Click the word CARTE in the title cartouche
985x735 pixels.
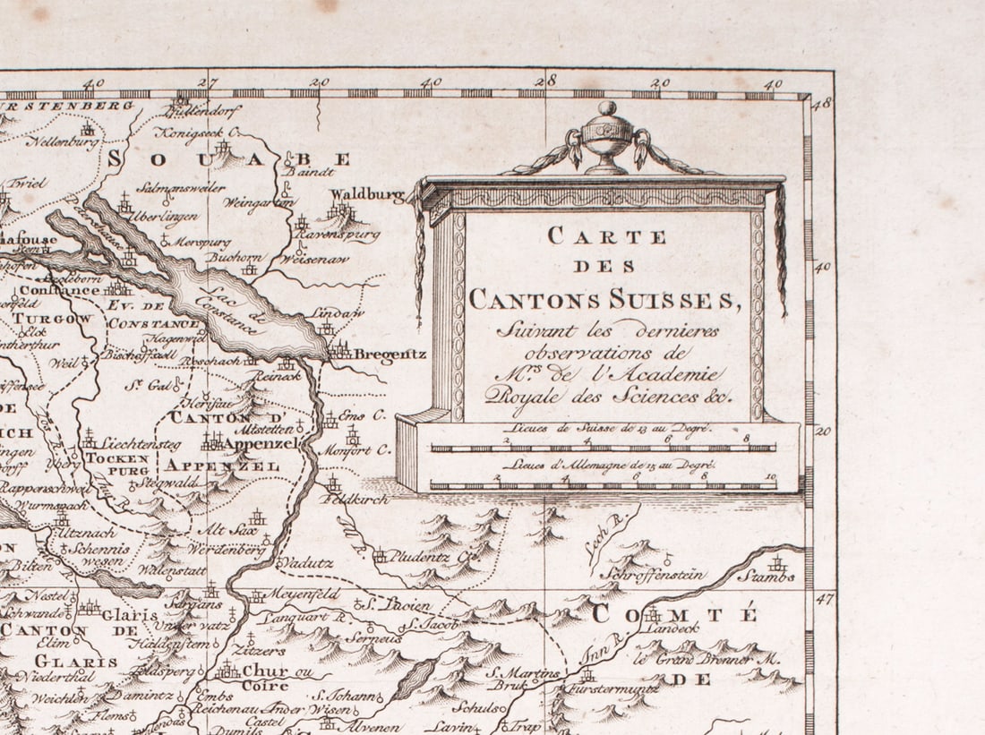(x=607, y=236)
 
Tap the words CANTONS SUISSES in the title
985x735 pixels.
(x=606, y=298)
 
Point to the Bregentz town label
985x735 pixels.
(x=390, y=354)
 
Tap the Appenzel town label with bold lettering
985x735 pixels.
(x=259, y=443)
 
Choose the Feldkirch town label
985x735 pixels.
(x=359, y=500)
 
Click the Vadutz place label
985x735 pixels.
(x=306, y=563)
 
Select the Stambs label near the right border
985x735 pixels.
(x=767, y=577)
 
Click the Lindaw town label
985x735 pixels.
(x=338, y=313)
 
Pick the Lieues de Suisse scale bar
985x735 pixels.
(x=603, y=447)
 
